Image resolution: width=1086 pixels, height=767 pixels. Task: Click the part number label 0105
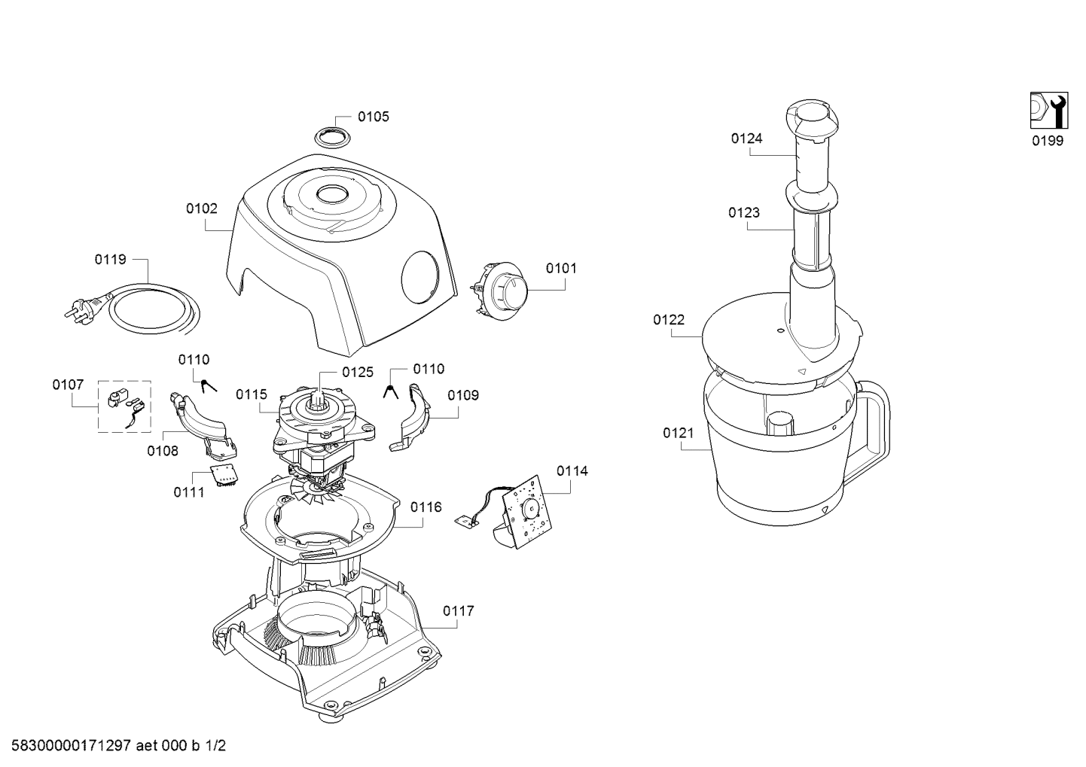374,117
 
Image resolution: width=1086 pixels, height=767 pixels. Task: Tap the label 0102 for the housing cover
202,208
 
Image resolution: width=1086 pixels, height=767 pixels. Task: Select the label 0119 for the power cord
111,260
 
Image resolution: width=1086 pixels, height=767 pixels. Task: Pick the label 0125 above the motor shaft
358,372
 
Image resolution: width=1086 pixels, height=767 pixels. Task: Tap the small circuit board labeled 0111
224,475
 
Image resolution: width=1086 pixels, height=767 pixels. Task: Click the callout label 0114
572,470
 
